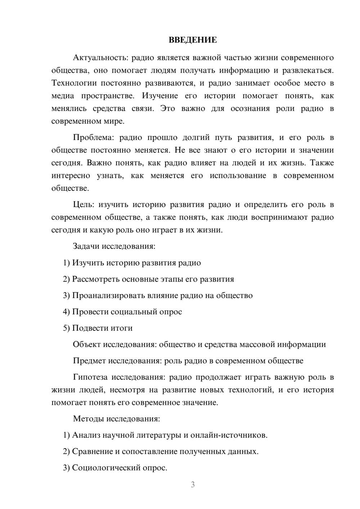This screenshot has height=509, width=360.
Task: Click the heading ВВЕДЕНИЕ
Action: [193, 40]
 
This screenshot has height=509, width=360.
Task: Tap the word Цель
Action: [83, 204]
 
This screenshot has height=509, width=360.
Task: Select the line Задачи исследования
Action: [114, 246]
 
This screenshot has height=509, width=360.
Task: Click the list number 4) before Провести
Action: [66, 312]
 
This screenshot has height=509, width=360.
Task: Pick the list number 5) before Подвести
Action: [66, 328]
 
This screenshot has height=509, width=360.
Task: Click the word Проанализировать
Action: [108, 296]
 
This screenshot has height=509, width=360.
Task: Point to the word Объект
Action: [87, 344]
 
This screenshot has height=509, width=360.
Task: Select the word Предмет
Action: [89, 361]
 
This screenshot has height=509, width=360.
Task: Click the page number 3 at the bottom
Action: [193, 485]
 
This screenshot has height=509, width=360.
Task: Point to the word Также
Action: [322, 163]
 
